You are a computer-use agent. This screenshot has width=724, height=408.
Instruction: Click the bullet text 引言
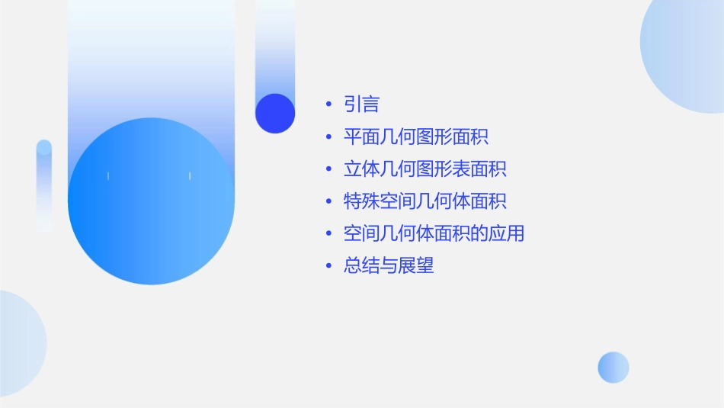(361, 104)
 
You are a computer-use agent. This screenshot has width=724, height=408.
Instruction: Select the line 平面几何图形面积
(416, 137)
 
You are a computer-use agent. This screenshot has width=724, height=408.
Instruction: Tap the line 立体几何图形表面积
(425, 169)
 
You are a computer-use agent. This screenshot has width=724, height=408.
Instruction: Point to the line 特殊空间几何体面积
(425, 201)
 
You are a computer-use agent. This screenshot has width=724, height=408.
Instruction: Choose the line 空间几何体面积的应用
(434, 233)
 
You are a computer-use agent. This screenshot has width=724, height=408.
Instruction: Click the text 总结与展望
(389, 266)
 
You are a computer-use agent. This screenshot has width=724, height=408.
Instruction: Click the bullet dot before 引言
(328, 104)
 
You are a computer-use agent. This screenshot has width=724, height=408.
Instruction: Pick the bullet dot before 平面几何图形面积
(328, 137)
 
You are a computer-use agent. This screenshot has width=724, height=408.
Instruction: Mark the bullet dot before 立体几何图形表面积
(328, 169)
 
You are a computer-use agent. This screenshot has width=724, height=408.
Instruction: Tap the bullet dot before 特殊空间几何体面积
(328, 201)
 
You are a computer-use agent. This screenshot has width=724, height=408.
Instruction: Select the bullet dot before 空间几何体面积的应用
(328, 233)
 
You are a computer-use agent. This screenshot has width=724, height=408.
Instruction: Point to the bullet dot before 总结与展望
(328, 266)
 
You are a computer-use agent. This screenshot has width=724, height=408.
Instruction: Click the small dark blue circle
(275, 113)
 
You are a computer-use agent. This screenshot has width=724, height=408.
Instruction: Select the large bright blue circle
(151, 201)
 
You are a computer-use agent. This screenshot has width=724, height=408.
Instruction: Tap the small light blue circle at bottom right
(613, 367)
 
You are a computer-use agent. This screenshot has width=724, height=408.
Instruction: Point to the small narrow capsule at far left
(44, 185)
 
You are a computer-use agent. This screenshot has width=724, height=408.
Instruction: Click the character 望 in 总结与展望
(425, 266)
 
